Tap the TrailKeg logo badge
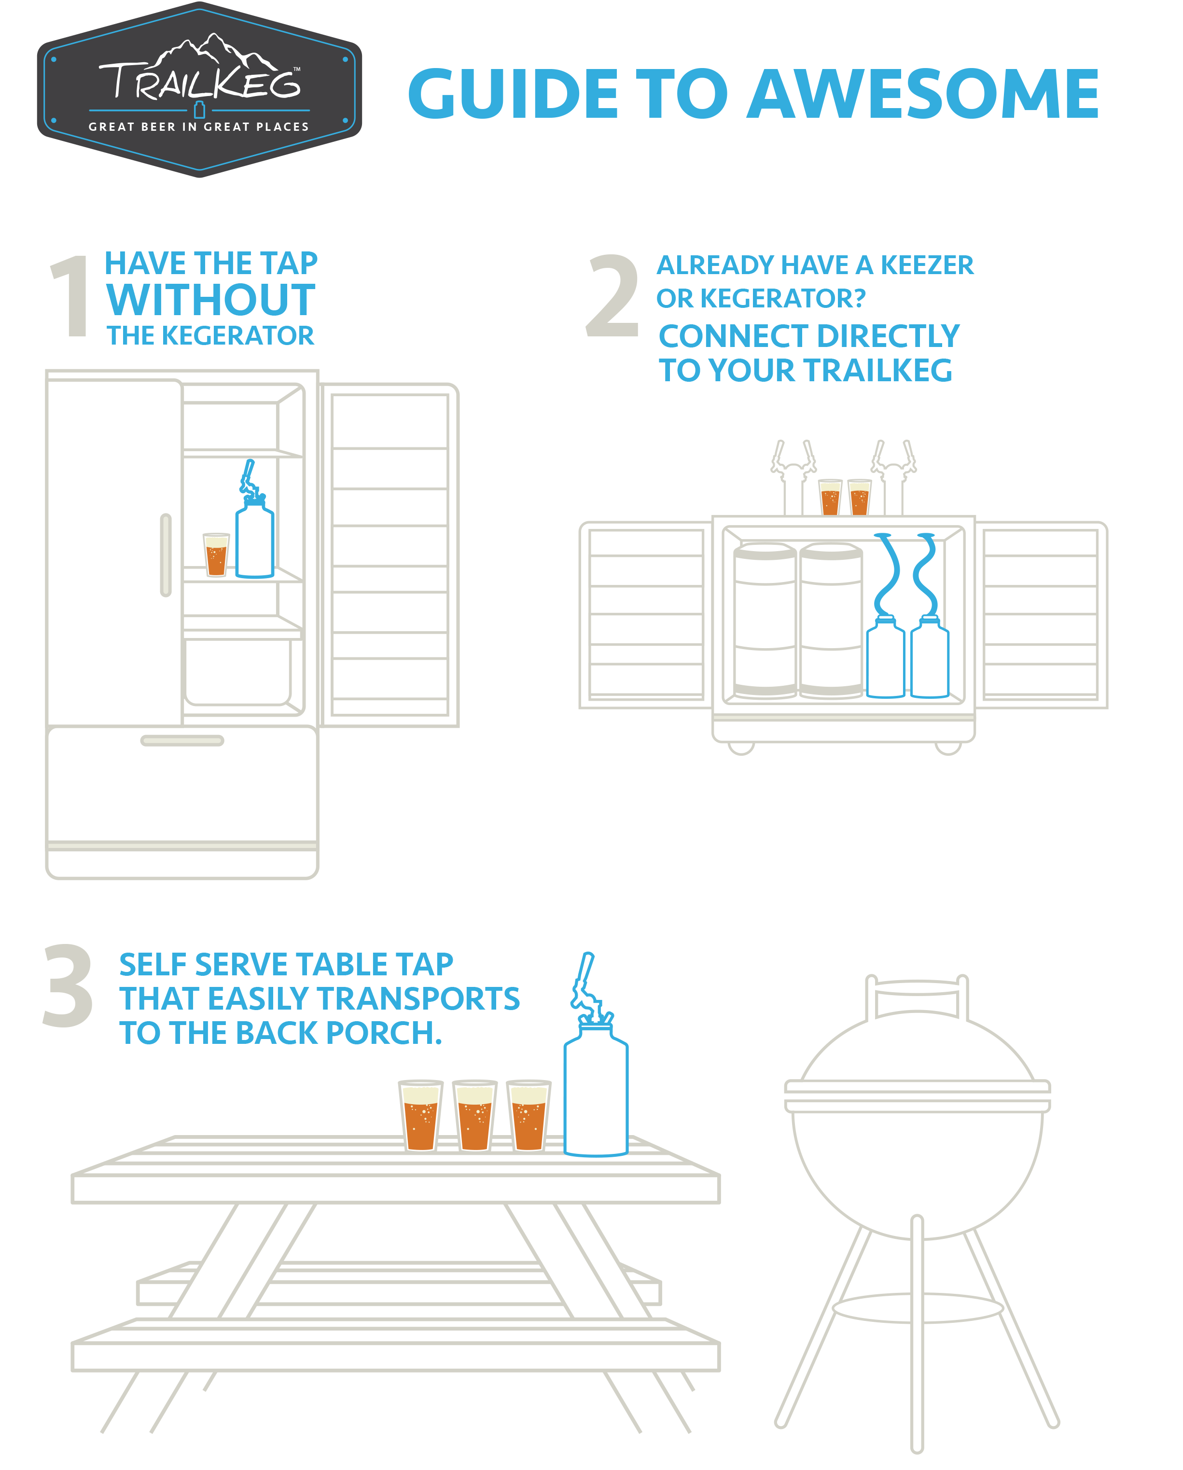199,89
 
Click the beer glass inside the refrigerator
216,555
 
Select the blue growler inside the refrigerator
254,520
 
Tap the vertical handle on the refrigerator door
166,555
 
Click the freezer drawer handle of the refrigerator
182,740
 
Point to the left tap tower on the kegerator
793,477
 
